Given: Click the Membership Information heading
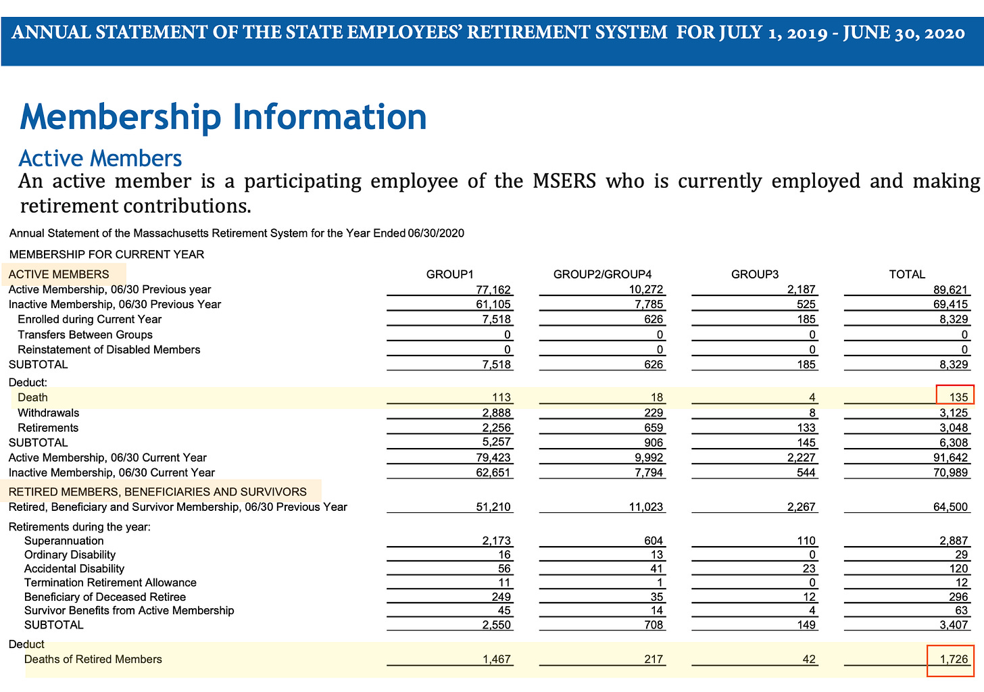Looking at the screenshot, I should [223, 117].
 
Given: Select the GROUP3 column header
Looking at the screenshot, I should [755, 274].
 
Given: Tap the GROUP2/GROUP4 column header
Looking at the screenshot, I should [602, 274].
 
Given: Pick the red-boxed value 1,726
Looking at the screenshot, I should [950, 660].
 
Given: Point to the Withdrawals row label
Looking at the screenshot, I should [49, 413].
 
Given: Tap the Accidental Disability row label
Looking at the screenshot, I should [74, 569].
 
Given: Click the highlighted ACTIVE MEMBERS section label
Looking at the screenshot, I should [59, 274].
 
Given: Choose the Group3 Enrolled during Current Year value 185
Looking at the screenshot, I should [806, 320].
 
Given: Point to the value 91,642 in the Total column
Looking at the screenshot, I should [950, 458].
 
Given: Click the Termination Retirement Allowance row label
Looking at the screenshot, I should [110, 583].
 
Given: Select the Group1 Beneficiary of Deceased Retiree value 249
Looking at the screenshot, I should [501, 597].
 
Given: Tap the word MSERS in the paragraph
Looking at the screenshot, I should [564, 182].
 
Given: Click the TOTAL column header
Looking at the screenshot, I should [906, 274].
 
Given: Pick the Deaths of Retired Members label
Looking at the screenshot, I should [93, 660].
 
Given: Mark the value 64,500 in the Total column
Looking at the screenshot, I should [950, 507].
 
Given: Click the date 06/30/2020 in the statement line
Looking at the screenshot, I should [436, 234].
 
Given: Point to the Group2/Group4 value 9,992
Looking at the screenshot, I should [647, 458].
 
